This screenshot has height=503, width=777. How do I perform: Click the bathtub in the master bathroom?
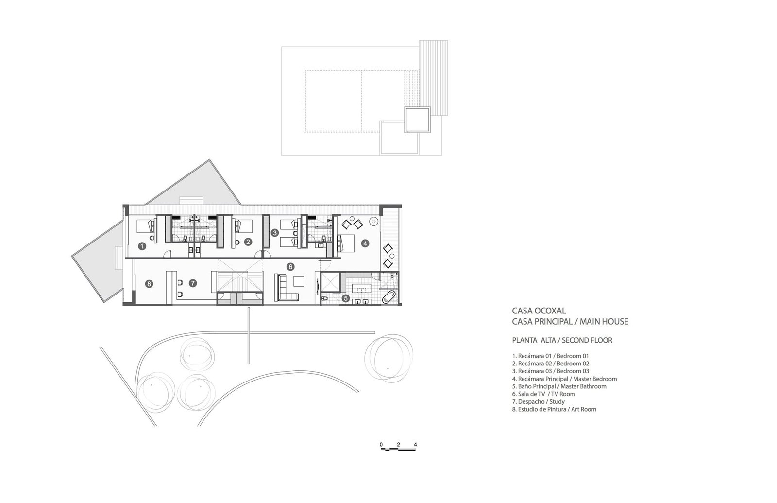tap(388, 297)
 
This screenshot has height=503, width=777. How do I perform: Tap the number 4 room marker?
tap(365, 243)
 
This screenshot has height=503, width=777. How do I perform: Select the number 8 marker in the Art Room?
tap(149, 284)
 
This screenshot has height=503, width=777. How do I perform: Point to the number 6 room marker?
tap(290, 267)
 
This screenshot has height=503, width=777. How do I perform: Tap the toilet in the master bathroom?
tap(325, 298)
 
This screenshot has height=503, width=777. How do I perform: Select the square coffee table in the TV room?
tap(299, 281)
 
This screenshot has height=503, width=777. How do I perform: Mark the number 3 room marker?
tap(275, 233)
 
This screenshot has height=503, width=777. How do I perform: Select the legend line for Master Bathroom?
tap(559, 386)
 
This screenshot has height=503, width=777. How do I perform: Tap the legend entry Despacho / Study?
tap(539, 401)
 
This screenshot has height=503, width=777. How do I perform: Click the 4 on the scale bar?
tap(415, 445)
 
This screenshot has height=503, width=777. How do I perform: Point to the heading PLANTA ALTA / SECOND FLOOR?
tap(562, 340)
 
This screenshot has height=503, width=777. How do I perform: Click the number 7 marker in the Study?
tap(193, 283)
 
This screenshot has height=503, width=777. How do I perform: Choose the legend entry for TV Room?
tap(543, 394)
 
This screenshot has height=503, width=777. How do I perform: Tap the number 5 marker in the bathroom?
tap(345, 298)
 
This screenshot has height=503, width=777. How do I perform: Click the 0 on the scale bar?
tap(381, 445)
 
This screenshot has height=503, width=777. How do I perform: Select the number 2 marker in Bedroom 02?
tap(248, 242)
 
